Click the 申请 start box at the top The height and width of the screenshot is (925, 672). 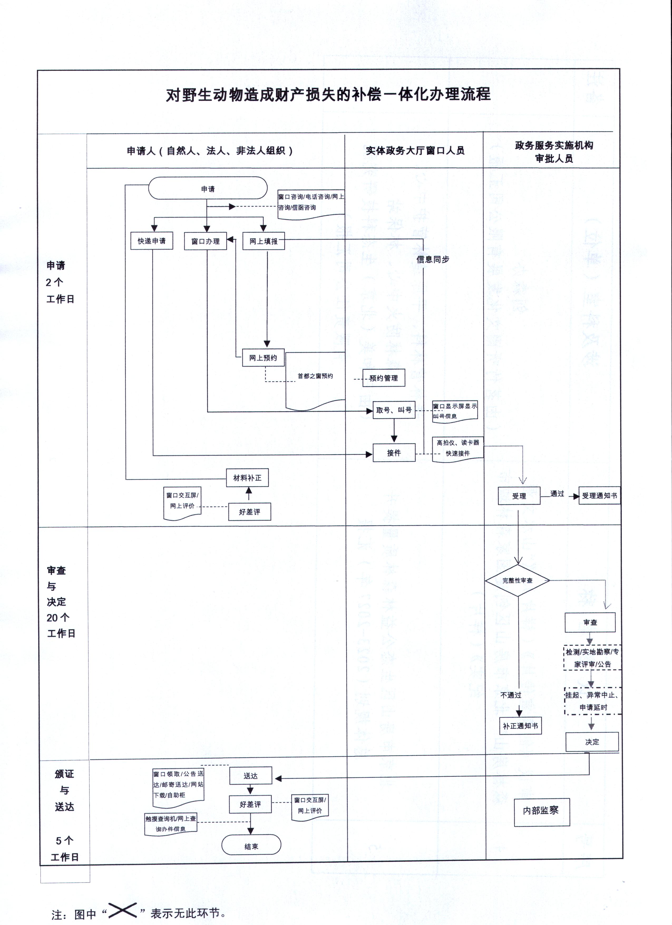(208, 188)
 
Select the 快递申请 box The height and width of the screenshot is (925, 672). (152, 241)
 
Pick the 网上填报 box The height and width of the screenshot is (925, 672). (264, 241)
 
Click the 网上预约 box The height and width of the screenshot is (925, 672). (263, 358)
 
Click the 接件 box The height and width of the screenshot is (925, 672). (394, 453)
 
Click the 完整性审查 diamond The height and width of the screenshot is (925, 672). (518, 580)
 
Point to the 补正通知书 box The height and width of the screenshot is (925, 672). (520, 726)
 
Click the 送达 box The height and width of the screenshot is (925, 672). (250, 776)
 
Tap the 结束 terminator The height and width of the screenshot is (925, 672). (251, 846)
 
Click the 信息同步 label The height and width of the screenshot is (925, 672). (433, 259)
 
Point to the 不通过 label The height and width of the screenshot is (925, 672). (511, 695)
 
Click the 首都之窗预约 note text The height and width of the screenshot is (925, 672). (315, 376)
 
